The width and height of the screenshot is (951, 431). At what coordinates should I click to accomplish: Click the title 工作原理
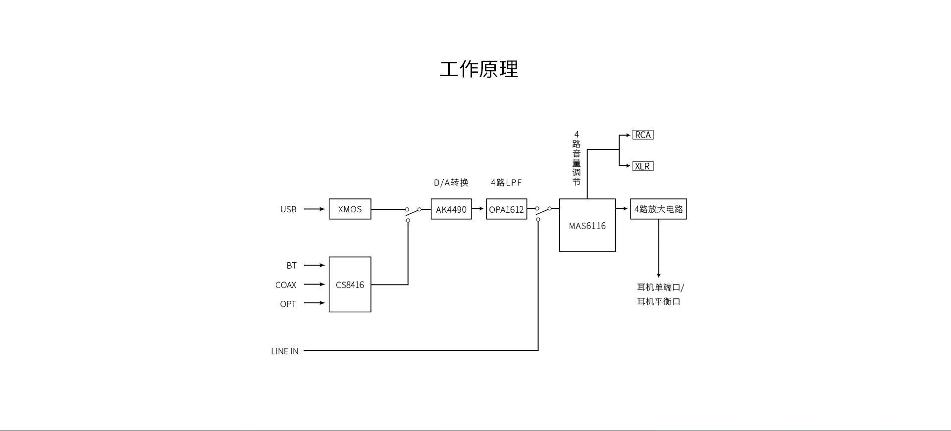click(479, 69)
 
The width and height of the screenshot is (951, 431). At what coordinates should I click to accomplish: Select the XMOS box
click(350, 209)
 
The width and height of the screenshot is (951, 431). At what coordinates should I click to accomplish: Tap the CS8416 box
click(350, 285)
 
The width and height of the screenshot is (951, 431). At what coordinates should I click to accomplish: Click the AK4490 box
click(451, 209)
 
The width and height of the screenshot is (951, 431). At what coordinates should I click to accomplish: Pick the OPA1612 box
click(506, 209)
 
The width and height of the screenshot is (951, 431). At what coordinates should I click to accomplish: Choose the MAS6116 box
click(587, 226)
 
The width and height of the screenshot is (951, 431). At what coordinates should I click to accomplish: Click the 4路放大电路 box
click(658, 209)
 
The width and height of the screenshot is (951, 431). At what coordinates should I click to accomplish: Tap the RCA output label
click(643, 135)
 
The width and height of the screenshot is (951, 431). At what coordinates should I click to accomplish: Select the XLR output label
click(643, 166)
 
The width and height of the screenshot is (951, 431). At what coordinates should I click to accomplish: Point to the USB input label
click(288, 209)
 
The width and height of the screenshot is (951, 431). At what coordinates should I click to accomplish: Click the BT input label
click(291, 266)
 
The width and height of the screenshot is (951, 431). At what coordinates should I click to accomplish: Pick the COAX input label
click(286, 285)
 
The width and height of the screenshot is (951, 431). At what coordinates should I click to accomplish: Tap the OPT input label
click(288, 304)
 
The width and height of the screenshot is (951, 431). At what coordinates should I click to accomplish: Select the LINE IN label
click(285, 351)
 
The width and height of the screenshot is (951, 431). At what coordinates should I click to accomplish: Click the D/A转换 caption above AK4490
click(451, 183)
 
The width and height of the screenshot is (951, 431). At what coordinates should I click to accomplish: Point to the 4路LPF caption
click(506, 183)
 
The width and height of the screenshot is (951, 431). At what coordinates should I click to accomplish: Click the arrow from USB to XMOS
click(314, 209)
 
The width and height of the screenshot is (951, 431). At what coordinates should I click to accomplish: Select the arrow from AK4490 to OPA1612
click(478, 209)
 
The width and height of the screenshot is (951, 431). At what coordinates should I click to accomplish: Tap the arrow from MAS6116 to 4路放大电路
click(622, 209)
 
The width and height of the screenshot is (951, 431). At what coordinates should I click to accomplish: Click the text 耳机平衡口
click(658, 301)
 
